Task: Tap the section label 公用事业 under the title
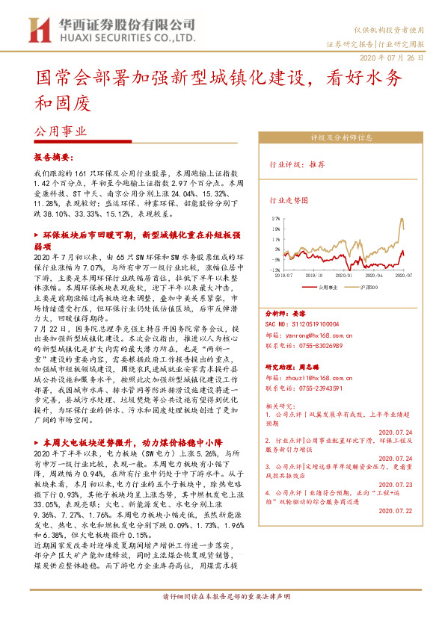pyautogui.click(x=61, y=130)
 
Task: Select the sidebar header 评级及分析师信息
pyautogui.click(x=341, y=137)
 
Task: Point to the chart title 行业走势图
pyautogui.click(x=289, y=200)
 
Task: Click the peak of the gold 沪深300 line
pyautogui.click(x=402, y=218)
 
